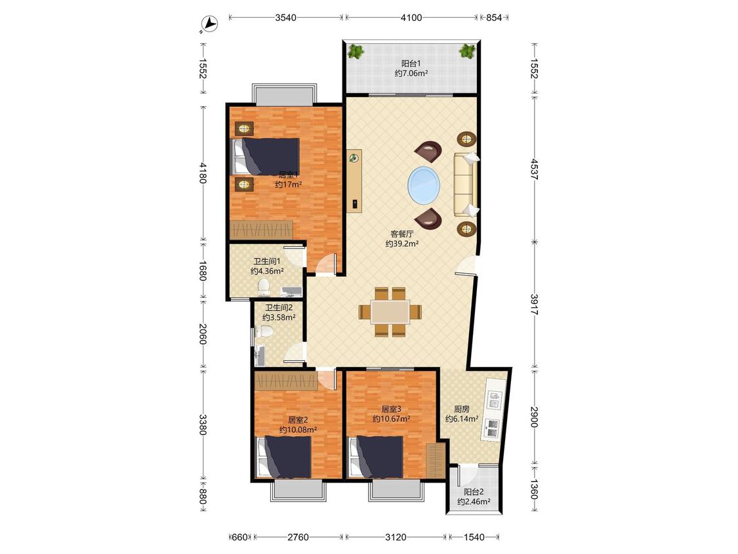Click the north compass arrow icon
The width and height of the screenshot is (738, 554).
click(x=209, y=24)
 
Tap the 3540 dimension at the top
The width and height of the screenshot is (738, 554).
click(x=286, y=18)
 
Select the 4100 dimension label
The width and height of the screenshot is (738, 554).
click(x=411, y=18)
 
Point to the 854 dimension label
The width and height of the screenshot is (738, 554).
click(x=494, y=18)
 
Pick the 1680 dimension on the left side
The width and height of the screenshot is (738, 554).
click(x=203, y=271)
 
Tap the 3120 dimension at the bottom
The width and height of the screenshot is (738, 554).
click(x=396, y=537)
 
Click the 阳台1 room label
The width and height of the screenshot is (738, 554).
click(x=411, y=63)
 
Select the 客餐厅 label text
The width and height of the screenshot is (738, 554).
click(x=402, y=234)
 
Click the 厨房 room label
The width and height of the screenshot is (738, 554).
click(x=461, y=409)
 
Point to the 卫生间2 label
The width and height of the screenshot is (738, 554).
click(x=279, y=308)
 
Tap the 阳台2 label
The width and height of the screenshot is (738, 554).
click(x=474, y=492)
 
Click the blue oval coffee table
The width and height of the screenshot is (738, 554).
click(x=424, y=184)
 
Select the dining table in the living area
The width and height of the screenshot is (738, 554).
click(x=390, y=312)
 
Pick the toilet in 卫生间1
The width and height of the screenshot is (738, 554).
click(x=264, y=286)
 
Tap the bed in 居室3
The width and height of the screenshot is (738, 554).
click(x=376, y=457)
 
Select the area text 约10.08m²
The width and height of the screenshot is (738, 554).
click(x=297, y=430)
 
